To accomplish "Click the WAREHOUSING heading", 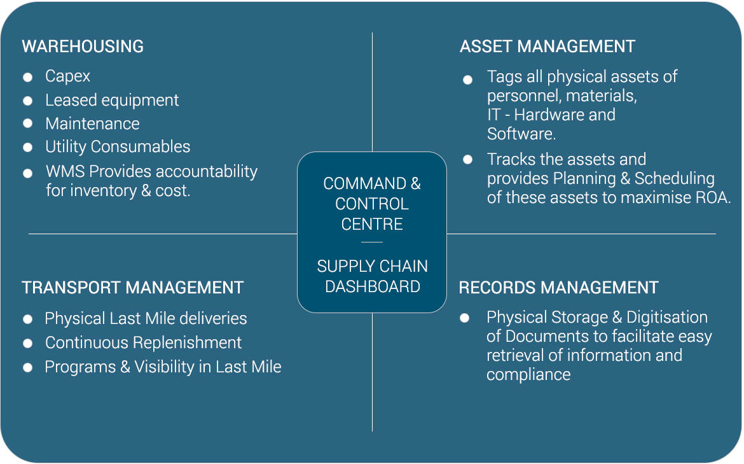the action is click(x=83, y=46).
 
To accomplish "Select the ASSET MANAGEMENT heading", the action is click(x=548, y=46).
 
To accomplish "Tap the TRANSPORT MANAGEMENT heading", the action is click(x=132, y=288).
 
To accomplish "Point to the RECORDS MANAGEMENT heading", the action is click(x=558, y=288).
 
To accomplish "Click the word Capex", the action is click(x=67, y=76).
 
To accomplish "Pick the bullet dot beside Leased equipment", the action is click(x=28, y=101).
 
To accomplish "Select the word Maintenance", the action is click(x=93, y=123).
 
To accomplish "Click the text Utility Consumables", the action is click(x=118, y=147).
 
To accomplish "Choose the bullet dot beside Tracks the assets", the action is click(x=468, y=160).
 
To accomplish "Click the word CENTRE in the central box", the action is click(x=372, y=224).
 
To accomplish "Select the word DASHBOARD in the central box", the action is click(x=373, y=287).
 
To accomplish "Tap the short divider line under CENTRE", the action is click(x=372, y=243).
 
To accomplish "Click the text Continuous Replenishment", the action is click(x=143, y=343).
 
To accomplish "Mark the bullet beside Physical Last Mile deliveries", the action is click(x=28, y=319).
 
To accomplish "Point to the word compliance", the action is click(x=528, y=375).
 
